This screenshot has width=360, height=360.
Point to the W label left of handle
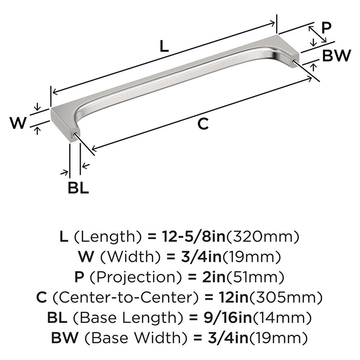[x=18, y=123]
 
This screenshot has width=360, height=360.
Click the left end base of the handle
[x=64, y=124]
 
